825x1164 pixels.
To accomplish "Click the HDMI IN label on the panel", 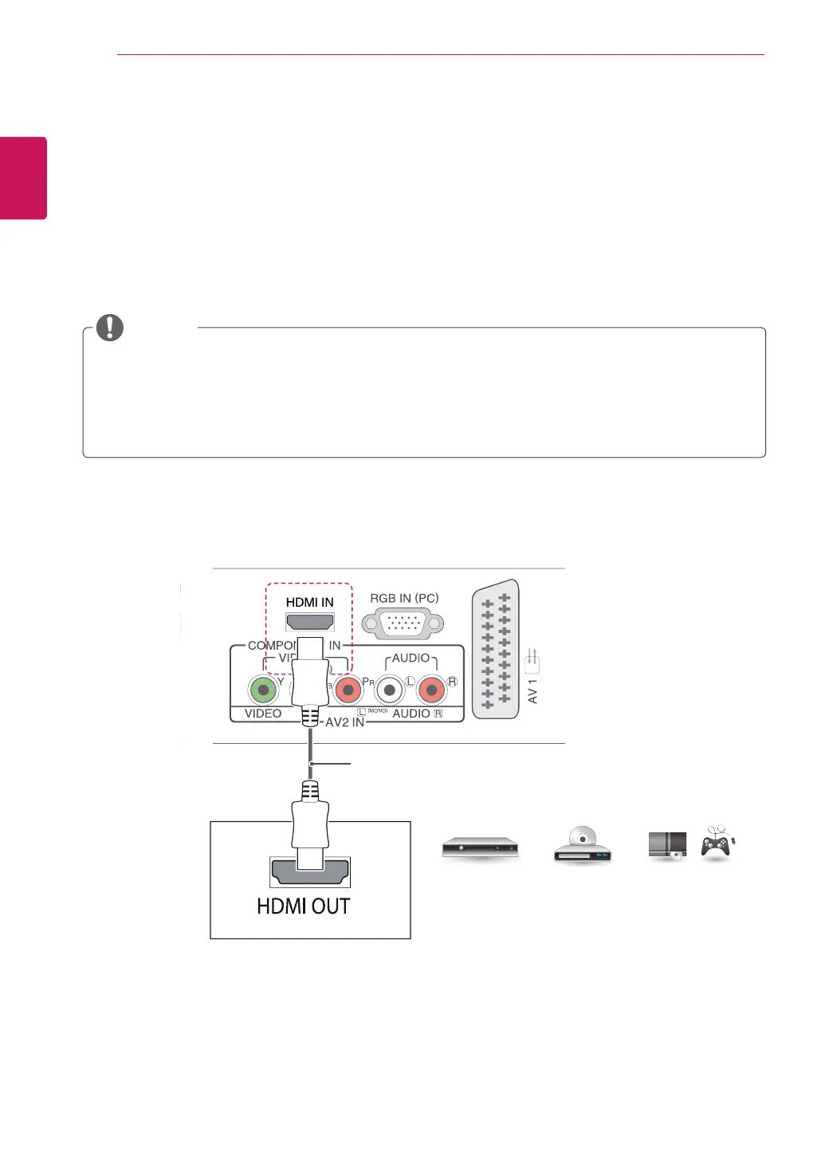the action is click(x=309, y=602).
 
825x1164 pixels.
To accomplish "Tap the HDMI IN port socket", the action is click(x=310, y=622).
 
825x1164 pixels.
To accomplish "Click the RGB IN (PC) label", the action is click(x=404, y=598).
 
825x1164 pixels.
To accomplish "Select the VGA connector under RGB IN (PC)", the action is click(x=403, y=623).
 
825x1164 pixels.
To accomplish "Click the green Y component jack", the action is click(x=262, y=690).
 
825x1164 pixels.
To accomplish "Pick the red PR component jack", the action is click(x=348, y=690).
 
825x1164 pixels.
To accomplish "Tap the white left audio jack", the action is click(x=389, y=690).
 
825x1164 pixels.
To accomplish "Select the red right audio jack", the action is click(x=431, y=690).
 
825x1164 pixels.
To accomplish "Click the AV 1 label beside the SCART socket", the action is click(x=532, y=691).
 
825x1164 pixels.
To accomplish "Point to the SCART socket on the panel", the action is click(x=496, y=649).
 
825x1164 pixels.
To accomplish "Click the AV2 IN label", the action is click(x=344, y=722).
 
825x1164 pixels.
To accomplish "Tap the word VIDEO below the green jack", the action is click(x=263, y=714).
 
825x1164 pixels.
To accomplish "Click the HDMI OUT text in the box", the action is click(x=304, y=906).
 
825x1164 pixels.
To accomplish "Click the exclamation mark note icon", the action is click(x=110, y=327).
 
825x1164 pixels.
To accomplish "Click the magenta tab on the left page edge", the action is click(x=23, y=178).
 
